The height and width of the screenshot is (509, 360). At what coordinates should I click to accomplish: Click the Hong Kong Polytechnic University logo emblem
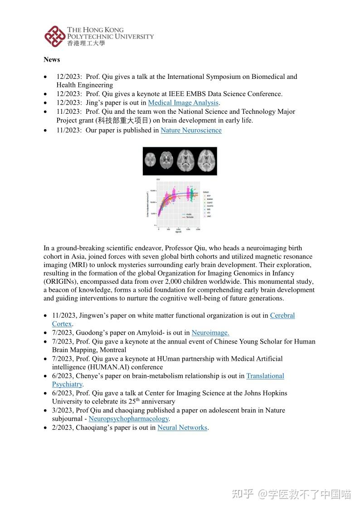(54, 36)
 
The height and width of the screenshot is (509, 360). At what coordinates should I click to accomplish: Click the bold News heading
(52, 59)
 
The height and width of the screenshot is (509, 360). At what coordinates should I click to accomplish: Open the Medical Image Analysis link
(183, 103)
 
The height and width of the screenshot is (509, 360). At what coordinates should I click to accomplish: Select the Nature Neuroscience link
(191, 131)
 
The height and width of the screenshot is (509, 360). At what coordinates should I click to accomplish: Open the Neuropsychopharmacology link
(128, 419)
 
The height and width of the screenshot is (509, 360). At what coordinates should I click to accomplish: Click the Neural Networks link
(182, 427)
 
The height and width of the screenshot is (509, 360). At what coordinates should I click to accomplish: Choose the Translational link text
(265, 376)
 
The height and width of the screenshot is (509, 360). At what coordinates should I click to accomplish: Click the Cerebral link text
(282, 315)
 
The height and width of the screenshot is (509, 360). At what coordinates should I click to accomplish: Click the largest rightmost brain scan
(206, 160)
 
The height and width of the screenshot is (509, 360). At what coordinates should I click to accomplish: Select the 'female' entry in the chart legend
(189, 218)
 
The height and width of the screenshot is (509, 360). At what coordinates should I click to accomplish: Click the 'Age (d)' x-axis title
(172, 232)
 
